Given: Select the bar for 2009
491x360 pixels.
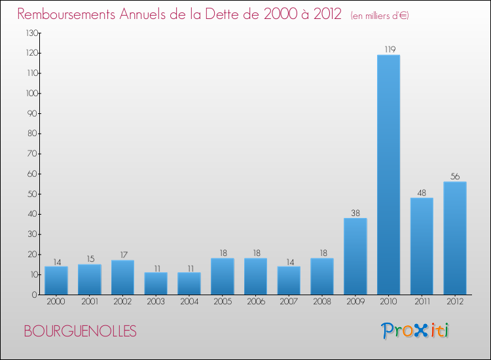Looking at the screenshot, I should tap(355, 256).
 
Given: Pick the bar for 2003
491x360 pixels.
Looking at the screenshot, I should tap(156, 283).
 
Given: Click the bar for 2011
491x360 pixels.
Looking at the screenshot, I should tap(422, 245).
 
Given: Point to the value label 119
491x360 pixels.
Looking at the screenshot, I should tap(388, 49).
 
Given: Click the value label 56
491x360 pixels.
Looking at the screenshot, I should tap(455, 176).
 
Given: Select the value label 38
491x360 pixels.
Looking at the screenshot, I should tap(355, 213).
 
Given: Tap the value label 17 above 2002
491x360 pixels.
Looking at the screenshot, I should tap(122, 255).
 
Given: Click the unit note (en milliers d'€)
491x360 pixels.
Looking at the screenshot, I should tap(380, 15).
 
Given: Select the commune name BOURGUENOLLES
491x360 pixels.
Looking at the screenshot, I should tap(81, 332).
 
